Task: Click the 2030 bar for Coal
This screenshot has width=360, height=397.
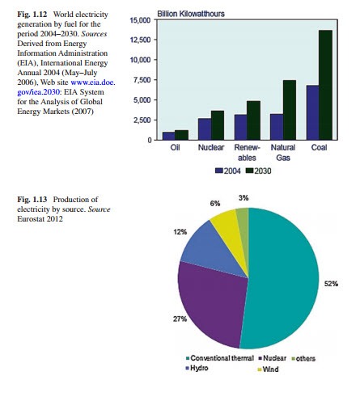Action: [325, 85]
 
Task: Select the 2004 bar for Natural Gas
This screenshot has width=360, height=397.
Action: [277, 127]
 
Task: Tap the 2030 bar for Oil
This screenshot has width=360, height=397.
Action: [181, 135]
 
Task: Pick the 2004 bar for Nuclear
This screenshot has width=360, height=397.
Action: [205, 129]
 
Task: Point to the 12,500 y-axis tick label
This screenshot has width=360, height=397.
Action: [140, 40]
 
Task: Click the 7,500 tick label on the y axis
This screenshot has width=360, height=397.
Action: [142, 80]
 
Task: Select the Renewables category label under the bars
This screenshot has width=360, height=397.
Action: [247, 153]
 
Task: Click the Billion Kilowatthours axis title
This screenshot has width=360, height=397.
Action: [191, 14]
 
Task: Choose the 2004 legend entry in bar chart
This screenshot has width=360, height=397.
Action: [228, 171]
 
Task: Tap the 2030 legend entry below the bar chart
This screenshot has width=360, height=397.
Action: [258, 171]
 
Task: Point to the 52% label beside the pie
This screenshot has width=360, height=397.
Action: [331, 284]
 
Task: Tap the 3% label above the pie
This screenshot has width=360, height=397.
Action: [244, 198]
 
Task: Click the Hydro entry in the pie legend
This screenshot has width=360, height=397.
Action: [197, 368]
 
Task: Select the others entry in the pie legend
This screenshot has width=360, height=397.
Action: [303, 358]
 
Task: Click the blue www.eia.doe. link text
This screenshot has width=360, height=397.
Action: [93, 82]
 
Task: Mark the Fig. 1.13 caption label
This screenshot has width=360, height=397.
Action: [32, 200]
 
